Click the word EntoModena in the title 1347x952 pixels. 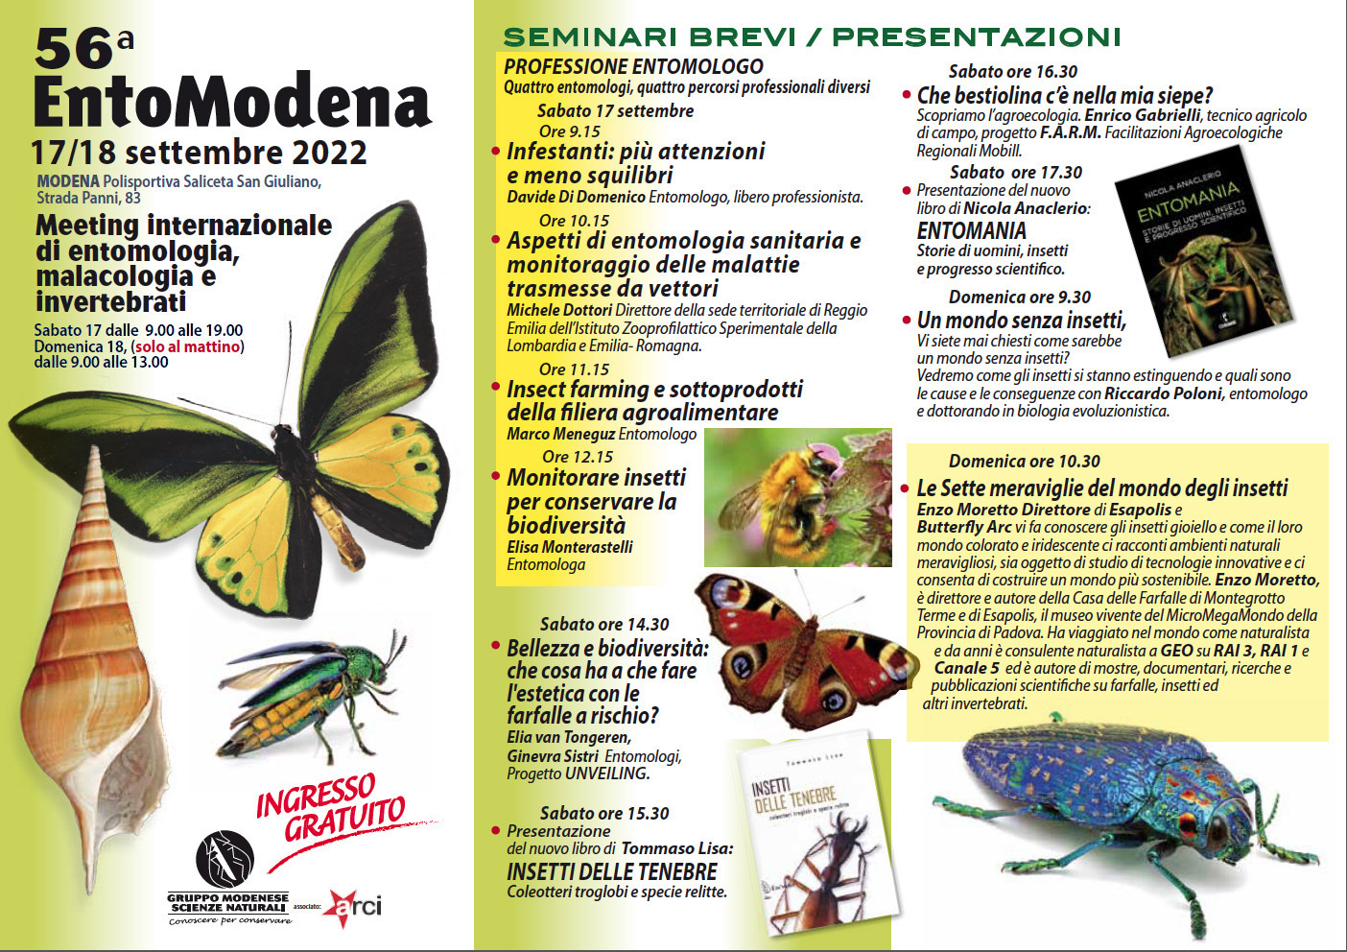(x=232, y=102)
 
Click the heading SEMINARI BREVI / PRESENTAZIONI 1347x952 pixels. (x=812, y=37)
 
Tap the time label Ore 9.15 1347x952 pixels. (x=569, y=131)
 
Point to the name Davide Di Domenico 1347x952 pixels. (x=576, y=197)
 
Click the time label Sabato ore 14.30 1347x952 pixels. (x=604, y=624)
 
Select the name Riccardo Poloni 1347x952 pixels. (x=1163, y=393)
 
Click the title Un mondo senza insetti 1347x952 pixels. (x=1021, y=321)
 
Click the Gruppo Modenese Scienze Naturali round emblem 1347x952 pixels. (x=224, y=860)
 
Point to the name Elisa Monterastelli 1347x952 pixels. (x=570, y=547)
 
